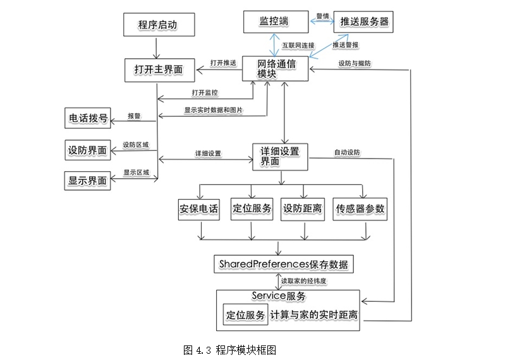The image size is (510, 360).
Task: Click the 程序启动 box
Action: click(157, 25)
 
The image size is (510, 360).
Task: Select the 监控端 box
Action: click(274, 21)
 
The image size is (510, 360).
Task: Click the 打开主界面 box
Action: click(157, 69)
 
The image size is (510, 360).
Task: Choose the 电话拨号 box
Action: click(87, 117)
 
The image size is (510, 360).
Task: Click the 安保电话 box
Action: click(199, 209)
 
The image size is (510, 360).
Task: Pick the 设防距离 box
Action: click(303, 209)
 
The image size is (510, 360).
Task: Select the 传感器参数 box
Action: click(360, 209)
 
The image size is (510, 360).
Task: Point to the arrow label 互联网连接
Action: click(298, 45)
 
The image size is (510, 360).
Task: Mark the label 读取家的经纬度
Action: click(307, 279)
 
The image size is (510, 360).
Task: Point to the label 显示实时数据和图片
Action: click(214, 110)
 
